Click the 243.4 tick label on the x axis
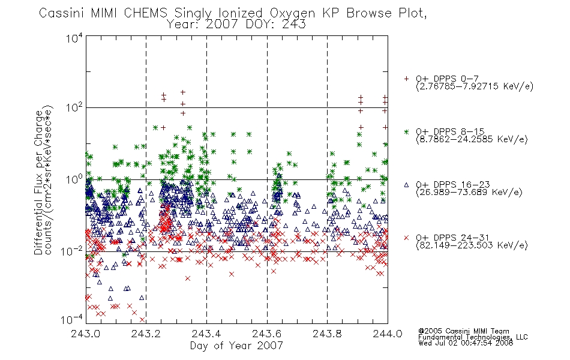206,334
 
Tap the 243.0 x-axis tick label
86,334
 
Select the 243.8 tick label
327,334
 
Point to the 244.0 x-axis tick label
388,334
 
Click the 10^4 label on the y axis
74,38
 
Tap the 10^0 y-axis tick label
74,179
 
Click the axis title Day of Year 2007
236,346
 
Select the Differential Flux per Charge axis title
38,182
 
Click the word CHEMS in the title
145,13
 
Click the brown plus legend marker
406,79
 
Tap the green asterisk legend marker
406,131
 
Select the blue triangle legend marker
406,185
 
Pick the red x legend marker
406,238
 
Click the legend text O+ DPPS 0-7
448,79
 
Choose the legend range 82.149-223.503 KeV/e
472,245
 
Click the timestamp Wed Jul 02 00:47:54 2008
466,343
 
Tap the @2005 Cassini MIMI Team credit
464,331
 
